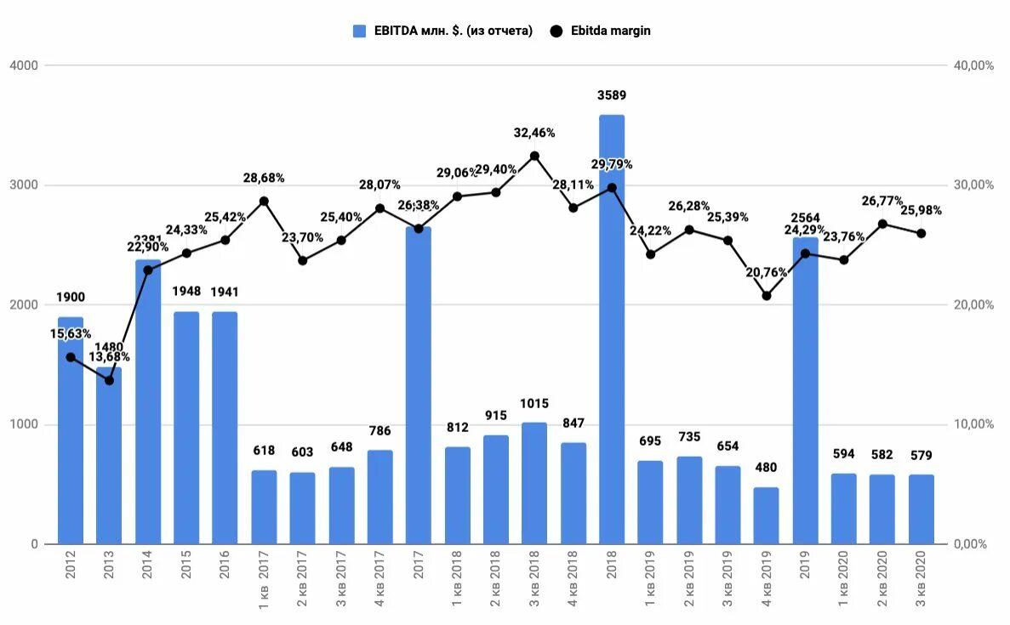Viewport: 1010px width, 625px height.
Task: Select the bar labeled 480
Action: pos(766,515)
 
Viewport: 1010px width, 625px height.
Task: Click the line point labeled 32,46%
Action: pos(534,156)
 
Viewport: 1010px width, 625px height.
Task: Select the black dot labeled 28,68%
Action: pos(264,202)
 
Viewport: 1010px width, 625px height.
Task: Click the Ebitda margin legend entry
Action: pos(601,31)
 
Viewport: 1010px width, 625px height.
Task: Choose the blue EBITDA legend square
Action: pos(360,31)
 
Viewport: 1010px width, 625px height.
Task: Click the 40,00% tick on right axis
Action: pos(973,65)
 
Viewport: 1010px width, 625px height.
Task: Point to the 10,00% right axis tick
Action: pos(973,424)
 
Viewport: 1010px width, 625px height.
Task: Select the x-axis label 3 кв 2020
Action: pos(922,581)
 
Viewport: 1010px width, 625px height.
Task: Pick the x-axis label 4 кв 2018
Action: pos(573,581)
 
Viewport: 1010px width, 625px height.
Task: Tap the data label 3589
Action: pos(611,95)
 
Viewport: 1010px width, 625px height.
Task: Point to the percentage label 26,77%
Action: pos(882,201)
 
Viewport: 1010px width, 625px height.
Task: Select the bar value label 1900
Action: pos(71,298)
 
